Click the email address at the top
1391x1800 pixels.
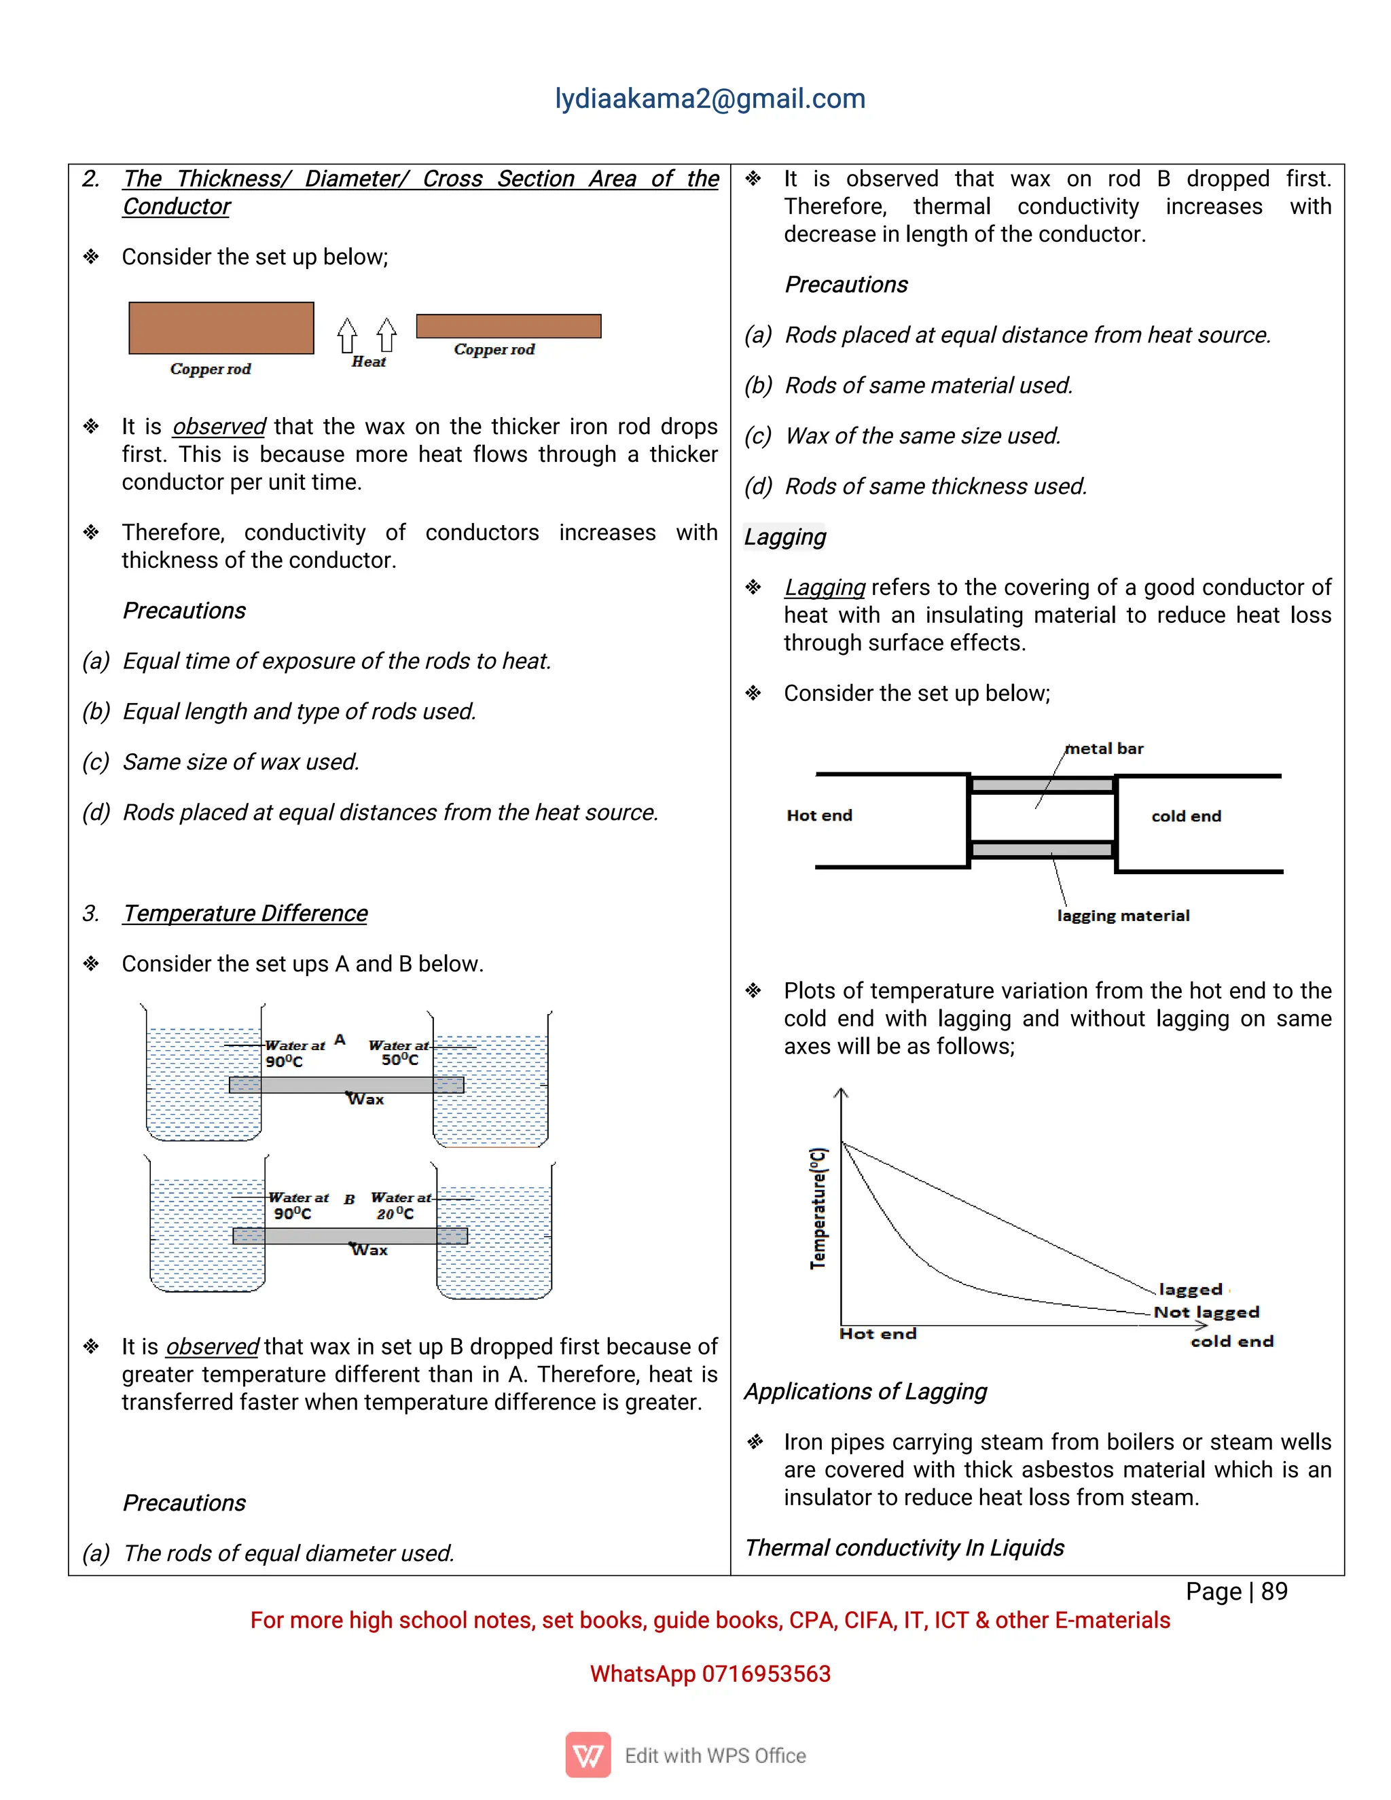click(710, 99)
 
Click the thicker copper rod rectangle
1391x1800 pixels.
click(221, 328)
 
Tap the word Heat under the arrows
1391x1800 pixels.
click(368, 362)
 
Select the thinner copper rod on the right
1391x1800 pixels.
click(509, 326)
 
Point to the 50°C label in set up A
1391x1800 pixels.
click(399, 1060)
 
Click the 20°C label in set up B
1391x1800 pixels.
click(395, 1214)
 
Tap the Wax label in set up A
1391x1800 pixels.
click(366, 1100)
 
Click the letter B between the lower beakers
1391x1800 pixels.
click(349, 1199)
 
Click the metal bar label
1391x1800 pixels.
click(1104, 749)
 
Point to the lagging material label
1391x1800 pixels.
click(1123, 916)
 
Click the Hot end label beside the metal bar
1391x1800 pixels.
click(819, 815)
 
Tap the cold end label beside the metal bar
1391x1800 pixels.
click(1186, 816)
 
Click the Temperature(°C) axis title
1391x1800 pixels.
click(818, 1208)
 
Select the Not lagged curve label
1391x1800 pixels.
click(1206, 1312)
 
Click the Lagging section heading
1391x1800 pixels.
click(784, 537)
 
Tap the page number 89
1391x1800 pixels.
click(1274, 1591)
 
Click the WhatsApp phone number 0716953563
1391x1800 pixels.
click(765, 1674)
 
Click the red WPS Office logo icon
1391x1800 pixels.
click(588, 1754)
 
